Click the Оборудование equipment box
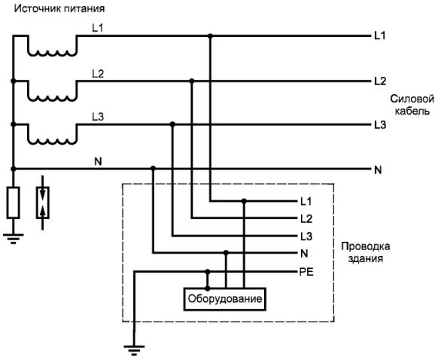click(x=225, y=299)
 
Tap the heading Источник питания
click(x=59, y=9)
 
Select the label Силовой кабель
click(x=412, y=105)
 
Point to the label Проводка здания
click(x=365, y=252)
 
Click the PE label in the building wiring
click(x=306, y=272)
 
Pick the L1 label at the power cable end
click(x=380, y=36)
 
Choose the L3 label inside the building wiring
click(x=306, y=236)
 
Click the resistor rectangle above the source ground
click(x=13, y=203)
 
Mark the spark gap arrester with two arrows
click(x=42, y=203)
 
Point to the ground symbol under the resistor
click(x=13, y=239)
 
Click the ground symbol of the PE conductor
click(x=134, y=350)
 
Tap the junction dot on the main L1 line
click(x=210, y=36)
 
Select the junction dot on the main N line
click(x=153, y=168)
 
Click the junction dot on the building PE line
click(x=207, y=271)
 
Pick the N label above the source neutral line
click(x=98, y=161)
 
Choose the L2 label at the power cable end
click(x=380, y=81)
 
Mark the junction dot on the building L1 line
click(x=244, y=201)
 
